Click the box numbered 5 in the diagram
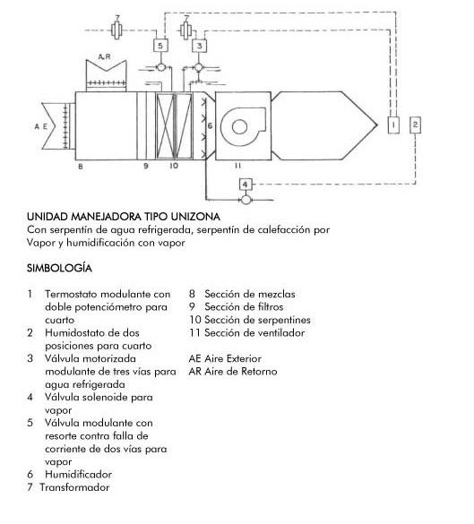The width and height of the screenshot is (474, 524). click(160, 45)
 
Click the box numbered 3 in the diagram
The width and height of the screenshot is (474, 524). click(200, 46)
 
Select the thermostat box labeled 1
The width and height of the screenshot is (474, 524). click(393, 125)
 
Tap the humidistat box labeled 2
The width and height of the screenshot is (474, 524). click(415, 125)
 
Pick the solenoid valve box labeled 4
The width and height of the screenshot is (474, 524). click(246, 185)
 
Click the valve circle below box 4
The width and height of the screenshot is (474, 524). click(246, 200)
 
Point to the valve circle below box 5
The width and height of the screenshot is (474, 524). click(160, 67)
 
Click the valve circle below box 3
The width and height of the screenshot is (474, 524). click(199, 67)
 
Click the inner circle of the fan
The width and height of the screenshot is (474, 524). click(239, 127)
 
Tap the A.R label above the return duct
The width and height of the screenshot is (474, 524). click(104, 56)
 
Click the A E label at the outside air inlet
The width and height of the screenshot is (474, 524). click(41, 126)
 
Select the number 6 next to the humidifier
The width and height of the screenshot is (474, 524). click(210, 125)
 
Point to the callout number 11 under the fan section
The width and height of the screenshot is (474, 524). click(237, 166)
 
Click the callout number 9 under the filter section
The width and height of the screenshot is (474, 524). click(146, 166)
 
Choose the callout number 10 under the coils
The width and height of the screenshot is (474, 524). click(174, 166)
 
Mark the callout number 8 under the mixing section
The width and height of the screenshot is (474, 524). click(81, 166)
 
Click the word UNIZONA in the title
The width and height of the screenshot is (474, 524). click(195, 217)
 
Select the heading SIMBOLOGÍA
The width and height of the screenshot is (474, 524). click(59, 268)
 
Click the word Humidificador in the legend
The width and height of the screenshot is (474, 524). click(79, 474)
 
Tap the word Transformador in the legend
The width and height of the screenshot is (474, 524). click(74, 487)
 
